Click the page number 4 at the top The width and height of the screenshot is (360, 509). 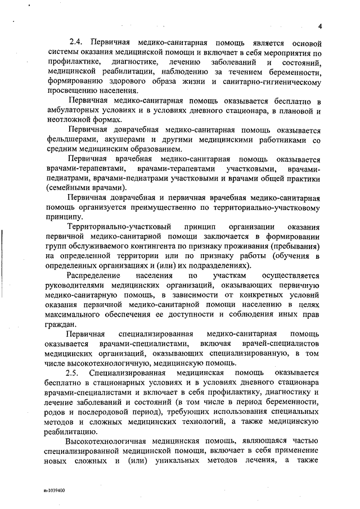pos(318,26)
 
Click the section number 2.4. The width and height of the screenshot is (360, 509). pos(76,43)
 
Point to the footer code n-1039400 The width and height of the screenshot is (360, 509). pos(53,490)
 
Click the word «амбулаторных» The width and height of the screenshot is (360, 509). pos(73,110)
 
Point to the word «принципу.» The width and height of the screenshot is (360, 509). pos(65,217)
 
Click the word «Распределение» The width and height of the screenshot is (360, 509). pos(93,276)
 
